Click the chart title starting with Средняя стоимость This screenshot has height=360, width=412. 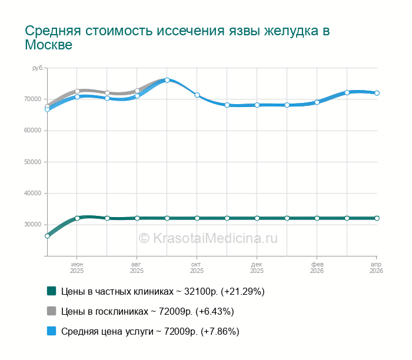(x=177, y=37)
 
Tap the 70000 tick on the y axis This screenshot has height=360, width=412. (x=32, y=99)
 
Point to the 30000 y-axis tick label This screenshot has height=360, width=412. (x=32, y=225)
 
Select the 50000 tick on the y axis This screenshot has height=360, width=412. (x=32, y=162)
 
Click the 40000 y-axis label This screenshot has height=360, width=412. (x=32, y=193)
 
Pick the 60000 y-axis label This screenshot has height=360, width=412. (x=32, y=131)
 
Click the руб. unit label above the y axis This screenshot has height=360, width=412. (x=38, y=69)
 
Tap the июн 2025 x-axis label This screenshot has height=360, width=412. (x=77, y=268)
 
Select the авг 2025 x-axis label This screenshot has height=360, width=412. (x=137, y=268)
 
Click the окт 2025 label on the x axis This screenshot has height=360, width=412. (x=197, y=268)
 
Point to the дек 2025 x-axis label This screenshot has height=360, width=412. (x=257, y=268)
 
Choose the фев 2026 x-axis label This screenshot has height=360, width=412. (x=317, y=268)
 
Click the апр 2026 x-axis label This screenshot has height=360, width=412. (x=377, y=268)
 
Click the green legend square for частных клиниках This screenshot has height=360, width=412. (x=51, y=291)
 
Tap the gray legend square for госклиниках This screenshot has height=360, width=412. (x=51, y=311)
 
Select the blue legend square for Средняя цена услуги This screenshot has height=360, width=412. (x=51, y=331)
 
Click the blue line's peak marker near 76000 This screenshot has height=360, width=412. (x=167, y=80)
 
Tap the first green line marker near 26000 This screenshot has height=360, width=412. (x=47, y=236)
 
